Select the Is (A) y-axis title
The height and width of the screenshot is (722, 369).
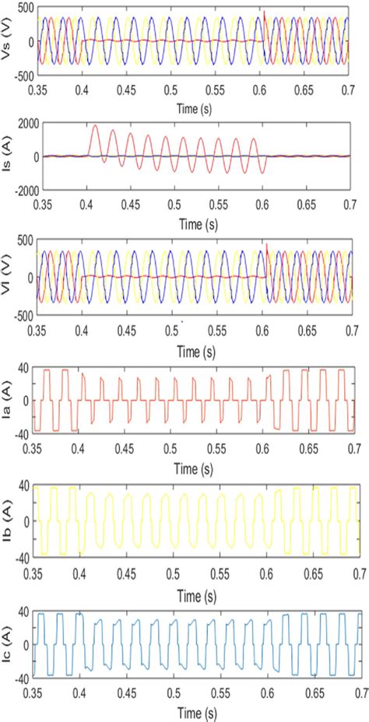click(x=8, y=156)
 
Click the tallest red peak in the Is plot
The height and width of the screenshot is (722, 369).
click(x=95, y=126)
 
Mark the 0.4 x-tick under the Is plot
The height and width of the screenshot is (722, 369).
click(x=81, y=206)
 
